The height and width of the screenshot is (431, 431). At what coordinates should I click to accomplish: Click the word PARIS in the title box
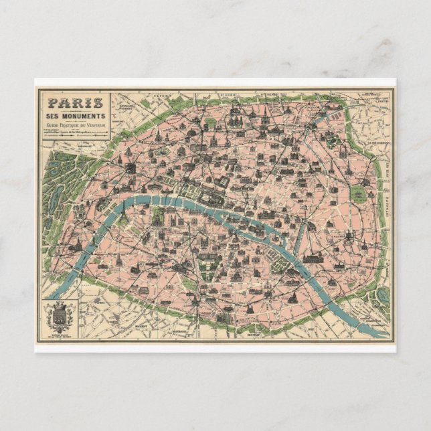[x=74, y=103]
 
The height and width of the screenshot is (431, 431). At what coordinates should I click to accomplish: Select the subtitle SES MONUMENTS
[x=74, y=116]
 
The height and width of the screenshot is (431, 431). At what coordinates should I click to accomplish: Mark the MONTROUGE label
[x=177, y=330]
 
